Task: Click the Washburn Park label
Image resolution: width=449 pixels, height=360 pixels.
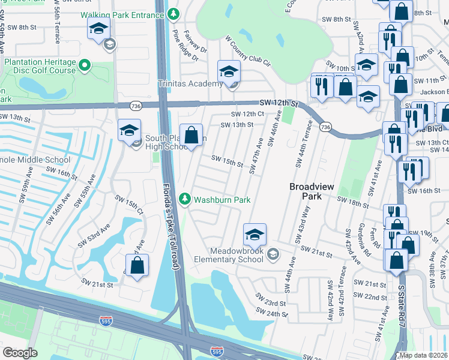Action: (222, 200)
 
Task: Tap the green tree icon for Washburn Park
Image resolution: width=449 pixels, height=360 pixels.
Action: (187, 199)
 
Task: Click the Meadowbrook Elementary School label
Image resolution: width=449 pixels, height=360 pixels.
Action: (229, 255)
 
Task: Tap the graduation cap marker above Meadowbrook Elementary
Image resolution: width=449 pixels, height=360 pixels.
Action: (255, 233)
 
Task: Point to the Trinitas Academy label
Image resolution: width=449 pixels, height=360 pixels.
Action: (190, 83)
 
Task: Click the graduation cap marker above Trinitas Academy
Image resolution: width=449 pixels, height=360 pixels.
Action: (229, 72)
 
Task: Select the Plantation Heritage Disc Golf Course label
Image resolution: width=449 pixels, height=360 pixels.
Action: (40, 66)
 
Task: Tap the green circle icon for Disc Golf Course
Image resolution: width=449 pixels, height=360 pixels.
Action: (85, 65)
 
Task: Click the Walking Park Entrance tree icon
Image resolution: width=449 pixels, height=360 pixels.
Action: (173, 13)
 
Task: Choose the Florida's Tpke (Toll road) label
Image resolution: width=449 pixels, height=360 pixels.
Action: (172, 229)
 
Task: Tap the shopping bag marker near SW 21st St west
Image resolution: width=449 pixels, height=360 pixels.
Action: (137, 265)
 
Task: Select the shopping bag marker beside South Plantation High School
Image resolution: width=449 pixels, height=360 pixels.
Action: (191, 134)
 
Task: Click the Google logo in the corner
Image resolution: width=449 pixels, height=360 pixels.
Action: (20, 353)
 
